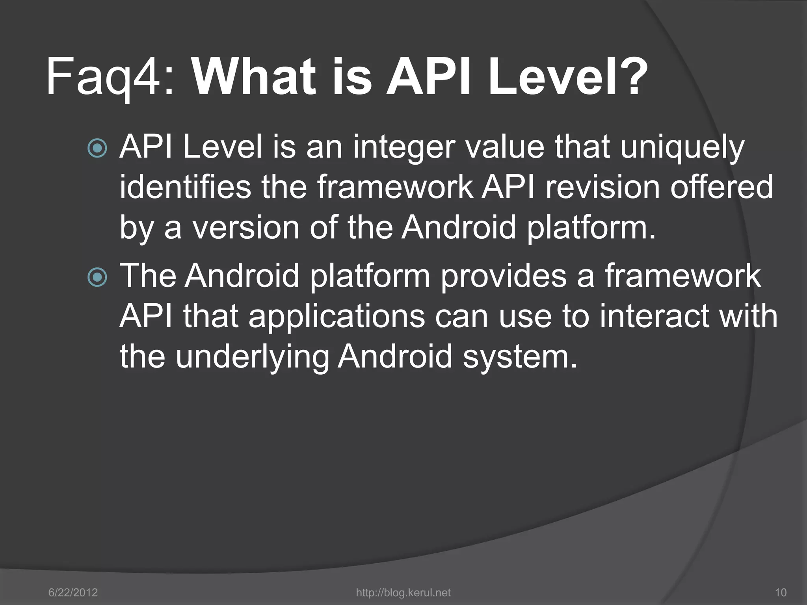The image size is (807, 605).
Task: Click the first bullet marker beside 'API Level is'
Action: click(x=97, y=148)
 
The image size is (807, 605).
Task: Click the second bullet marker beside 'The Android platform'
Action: click(x=97, y=277)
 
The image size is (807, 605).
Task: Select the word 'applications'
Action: click(x=337, y=317)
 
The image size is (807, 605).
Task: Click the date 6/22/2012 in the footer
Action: click(x=73, y=592)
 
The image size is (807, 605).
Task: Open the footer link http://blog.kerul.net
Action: click(x=403, y=592)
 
